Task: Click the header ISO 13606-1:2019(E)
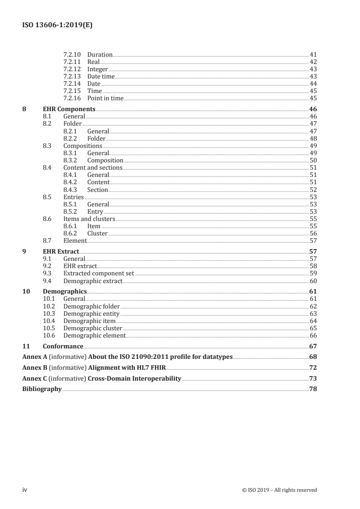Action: coord(58,26)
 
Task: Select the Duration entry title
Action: coord(99,54)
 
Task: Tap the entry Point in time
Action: coord(105,98)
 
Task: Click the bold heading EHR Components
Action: coord(69,109)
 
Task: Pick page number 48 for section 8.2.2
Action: coord(313,138)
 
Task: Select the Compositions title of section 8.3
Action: coord(83,146)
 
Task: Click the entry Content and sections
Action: coord(93,167)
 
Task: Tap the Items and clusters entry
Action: coord(89,219)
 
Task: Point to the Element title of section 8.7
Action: coord(75,240)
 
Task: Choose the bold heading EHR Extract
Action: coord(61,251)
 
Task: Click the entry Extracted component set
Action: coord(99,273)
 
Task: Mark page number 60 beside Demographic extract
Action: coord(313,281)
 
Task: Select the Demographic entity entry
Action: coord(91,313)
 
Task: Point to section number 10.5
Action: coord(49,328)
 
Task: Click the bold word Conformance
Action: coord(63,346)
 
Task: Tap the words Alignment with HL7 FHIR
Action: coord(127,367)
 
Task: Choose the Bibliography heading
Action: coord(42,389)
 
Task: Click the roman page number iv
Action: coord(25,489)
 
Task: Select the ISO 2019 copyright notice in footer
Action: coord(280,490)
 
